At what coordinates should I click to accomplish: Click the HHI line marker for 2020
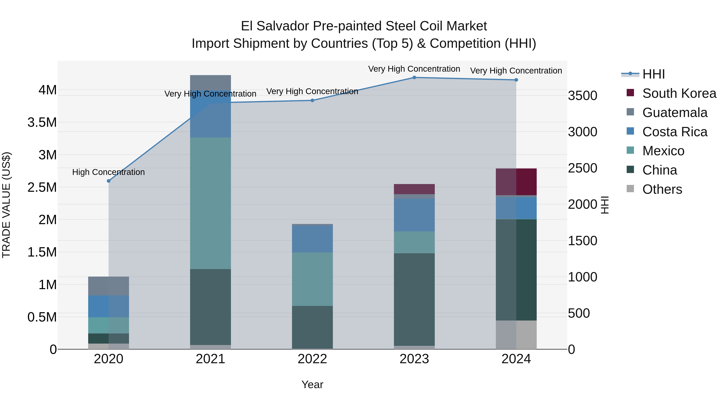109,181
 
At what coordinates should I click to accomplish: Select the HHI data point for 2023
414,78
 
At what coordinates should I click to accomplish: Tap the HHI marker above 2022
312,100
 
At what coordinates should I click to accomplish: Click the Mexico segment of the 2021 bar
210,203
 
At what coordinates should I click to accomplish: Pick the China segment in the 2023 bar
414,299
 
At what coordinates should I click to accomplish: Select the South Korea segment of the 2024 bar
516,182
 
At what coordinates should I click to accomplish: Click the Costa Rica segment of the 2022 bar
312,239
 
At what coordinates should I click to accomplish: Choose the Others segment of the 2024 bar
516,335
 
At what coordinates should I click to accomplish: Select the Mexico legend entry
663,151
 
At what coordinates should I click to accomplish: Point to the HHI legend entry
653,74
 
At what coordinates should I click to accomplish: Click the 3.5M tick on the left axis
42,122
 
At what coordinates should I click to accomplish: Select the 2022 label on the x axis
312,359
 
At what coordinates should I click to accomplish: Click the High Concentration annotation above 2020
109,172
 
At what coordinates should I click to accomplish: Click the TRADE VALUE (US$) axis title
6,205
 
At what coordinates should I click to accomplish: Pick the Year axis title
312,384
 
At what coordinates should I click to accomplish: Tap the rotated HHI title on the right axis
604,205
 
